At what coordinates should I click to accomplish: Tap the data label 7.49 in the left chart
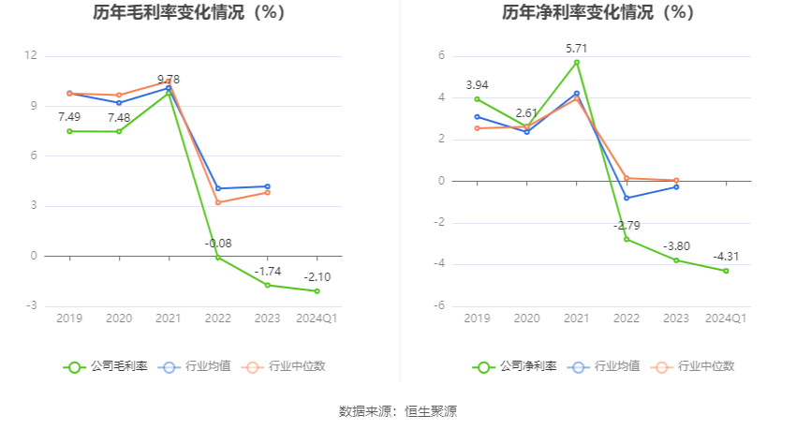(x=69, y=116)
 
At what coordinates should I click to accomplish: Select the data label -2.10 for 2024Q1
(x=317, y=276)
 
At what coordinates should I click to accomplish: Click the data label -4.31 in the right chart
(x=726, y=256)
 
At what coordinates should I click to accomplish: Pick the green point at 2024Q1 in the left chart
(x=317, y=290)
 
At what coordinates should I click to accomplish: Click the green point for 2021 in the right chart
(x=577, y=62)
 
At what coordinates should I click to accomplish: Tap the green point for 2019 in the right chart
(x=478, y=98)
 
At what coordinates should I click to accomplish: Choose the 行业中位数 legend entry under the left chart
(x=285, y=366)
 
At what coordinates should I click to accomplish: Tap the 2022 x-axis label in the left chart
(x=217, y=319)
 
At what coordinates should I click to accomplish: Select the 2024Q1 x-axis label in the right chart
(x=726, y=319)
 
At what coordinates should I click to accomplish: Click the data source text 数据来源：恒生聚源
(x=398, y=411)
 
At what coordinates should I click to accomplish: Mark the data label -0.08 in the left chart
(x=217, y=244)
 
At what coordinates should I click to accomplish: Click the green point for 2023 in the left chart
(x=267, y=285)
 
